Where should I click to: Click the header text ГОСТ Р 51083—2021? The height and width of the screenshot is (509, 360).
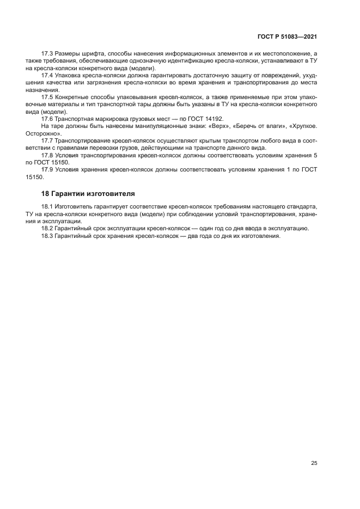[x=287, y=37]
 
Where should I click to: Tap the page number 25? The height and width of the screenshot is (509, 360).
[x=314, y=463]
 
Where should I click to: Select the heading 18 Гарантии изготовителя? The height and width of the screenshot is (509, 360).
[x=88, y=193]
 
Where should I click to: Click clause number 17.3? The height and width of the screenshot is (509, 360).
[x=48, y=53]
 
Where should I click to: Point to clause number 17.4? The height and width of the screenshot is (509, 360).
[x=48, y=75]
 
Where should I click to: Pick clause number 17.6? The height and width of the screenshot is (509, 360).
[x=48, y=118]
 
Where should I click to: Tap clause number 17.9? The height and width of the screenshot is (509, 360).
[x=48, y=169]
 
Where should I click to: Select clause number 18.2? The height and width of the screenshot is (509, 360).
[x=48, y=229]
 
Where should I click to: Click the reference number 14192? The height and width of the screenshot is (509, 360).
[x=213, y=118]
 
